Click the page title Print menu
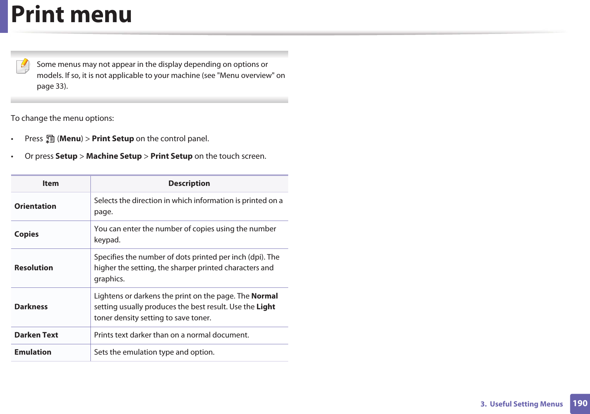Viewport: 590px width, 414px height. coord(72,15)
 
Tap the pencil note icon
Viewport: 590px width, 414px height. coord(23,66)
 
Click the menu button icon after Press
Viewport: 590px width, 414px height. coord(50,139)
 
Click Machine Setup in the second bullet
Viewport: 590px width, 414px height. coord(114,156)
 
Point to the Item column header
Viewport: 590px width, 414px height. coord(50,183)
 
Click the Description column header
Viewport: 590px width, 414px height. coord(189,183)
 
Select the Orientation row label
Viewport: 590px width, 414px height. coord(35,206)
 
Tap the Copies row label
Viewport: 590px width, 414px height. coord(26,234)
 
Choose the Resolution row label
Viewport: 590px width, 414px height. coord(34,268)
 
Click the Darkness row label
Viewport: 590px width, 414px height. coord(31,307)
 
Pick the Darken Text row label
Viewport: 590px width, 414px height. coord(36,335)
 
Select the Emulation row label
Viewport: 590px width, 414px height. coord(33,352)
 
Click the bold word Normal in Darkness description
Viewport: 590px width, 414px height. coord(264,296)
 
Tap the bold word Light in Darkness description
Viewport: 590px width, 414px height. coord(266,307)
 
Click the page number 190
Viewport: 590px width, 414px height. coord(580,404)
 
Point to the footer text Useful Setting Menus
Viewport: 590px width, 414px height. coord(526,404)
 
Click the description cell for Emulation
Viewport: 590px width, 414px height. coord(154,352)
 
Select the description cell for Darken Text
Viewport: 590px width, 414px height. coord(171,335)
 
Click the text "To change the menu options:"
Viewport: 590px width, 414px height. coord(62,118)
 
